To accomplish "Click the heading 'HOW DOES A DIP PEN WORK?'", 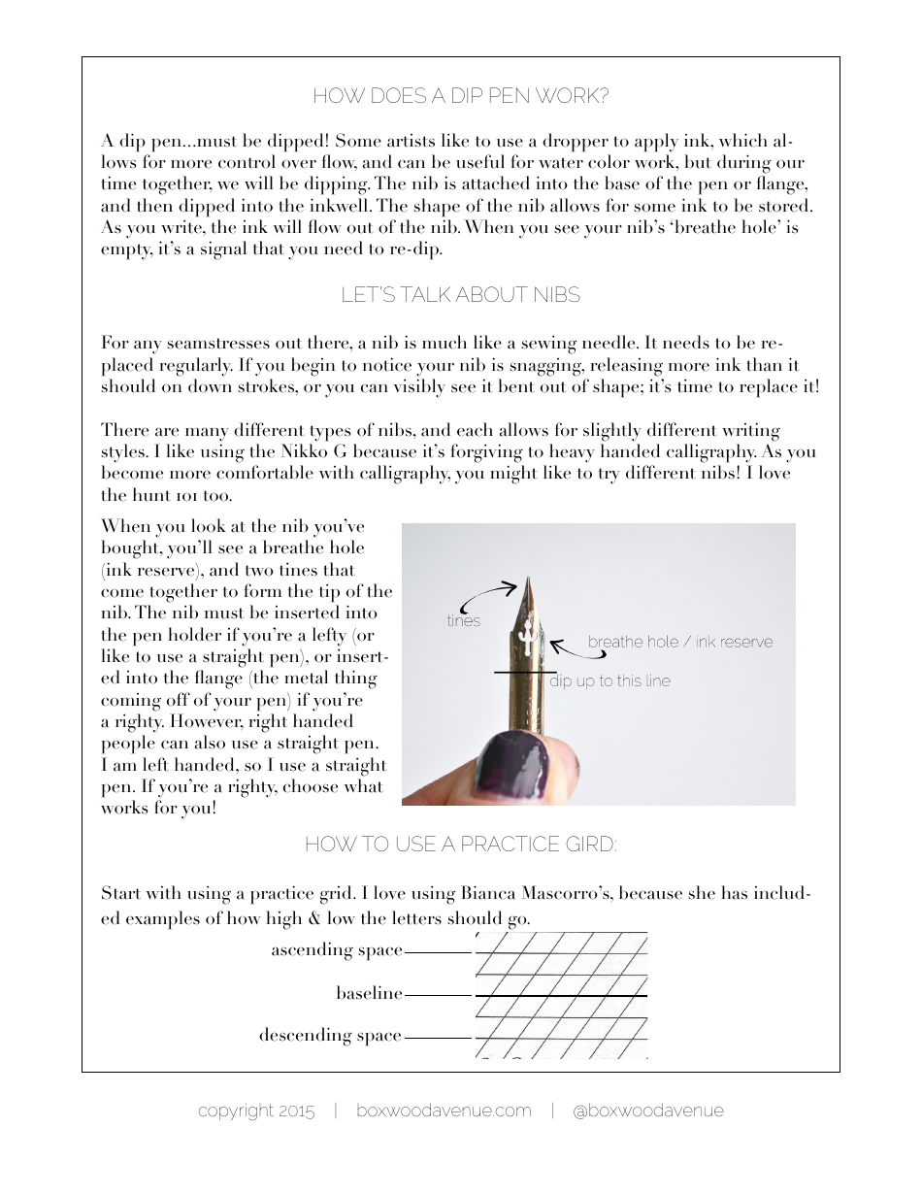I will point(460,96).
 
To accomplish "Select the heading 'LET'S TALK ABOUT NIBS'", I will point(460,295).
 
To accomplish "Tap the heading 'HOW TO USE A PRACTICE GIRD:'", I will point(460,845).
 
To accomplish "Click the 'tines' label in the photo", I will point(464,621).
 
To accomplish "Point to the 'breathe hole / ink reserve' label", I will point(679,642).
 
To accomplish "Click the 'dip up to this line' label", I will point(609,681).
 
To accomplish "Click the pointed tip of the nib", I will point(528,580).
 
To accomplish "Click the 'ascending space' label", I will point(336,950).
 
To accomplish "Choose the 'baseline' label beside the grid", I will point(369,993).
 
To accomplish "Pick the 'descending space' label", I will point(330,1036).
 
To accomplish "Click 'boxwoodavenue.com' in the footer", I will point(444,1111).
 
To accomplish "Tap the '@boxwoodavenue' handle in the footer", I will point(647,1111).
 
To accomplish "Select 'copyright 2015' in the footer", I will point(256,1111).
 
